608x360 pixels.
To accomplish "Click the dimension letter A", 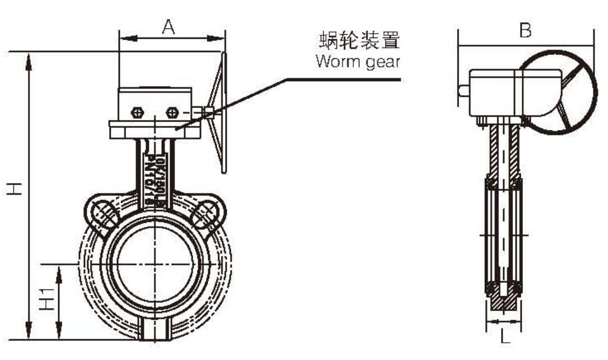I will click(169, 26).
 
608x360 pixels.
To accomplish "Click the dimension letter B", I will click(525, 31).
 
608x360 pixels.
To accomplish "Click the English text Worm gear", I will click(358, 62).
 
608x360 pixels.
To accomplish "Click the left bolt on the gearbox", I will click(137, 113).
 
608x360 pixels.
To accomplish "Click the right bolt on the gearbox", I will click(172, 113).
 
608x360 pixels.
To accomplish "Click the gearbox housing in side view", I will click(498, 92).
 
